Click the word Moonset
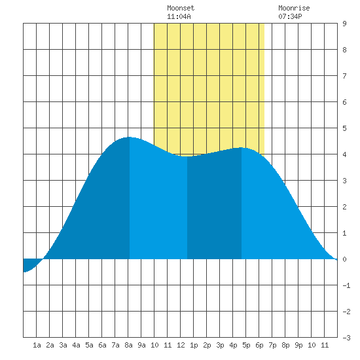click(181, 8)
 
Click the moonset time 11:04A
click(179, 16)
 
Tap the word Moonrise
click(294, 8)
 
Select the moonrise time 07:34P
click(290, 16)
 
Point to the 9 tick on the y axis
click(344, 24)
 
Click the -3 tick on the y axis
click(346, 338)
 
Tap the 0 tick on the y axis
click(344, 259)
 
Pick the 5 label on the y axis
click(344, 128)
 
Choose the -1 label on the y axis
click(346, 285)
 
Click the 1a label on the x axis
click(37, 345)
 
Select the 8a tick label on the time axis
click(128, 345)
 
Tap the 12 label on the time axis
click(181, 345)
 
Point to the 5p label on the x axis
click(246, 345)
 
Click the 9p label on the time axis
click(298, 345)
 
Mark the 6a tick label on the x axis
click(102, 345)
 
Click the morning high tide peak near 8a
click(130, 137)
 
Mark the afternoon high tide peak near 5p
click(242, 148)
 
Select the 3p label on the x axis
click(220, 345)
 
